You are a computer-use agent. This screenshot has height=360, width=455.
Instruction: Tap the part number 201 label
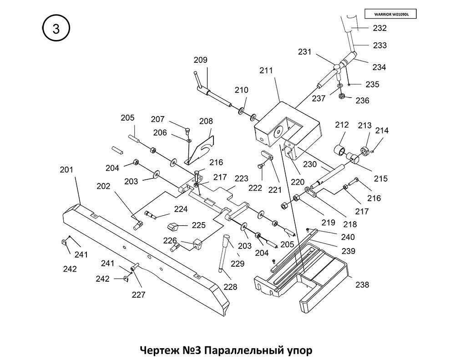[66, 170]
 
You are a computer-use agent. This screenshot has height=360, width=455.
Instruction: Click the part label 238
[362, 285]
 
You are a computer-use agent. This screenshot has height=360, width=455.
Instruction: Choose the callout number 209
[200, 60]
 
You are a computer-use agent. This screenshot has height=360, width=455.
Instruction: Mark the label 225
[198, 225]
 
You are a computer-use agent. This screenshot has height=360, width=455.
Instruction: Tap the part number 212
[342, 125]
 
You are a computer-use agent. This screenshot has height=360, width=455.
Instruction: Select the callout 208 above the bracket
[206, 121]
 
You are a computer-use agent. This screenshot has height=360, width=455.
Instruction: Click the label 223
[242, 178]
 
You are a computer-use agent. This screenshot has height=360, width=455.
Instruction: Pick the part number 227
[138, 294]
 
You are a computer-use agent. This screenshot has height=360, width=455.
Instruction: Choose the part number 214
[382, 131]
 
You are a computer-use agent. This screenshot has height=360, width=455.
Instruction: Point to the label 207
[157, 119]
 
